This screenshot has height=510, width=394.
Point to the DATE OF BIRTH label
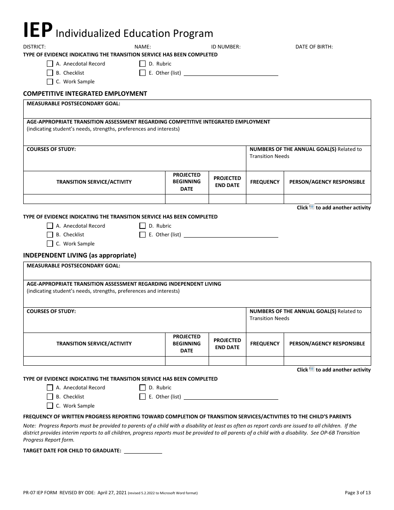point(314,47)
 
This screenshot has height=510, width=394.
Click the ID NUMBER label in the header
point(226,47)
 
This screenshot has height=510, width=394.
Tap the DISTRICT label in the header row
point(34,47)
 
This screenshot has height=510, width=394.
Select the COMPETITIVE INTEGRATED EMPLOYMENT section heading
point(85,94)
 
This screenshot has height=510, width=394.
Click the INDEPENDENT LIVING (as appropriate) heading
point(80,255)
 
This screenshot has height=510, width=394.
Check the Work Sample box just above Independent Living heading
point(50,244)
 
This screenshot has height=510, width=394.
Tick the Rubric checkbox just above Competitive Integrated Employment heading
point(143,64)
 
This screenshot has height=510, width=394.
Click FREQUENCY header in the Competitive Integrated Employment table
point(265,182)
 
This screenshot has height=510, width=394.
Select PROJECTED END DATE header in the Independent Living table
point(227,344)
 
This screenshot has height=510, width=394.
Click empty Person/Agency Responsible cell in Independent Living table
point(327,361)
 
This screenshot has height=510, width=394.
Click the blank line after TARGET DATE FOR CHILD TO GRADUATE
point(143,451)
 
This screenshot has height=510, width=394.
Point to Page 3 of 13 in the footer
point(358,493)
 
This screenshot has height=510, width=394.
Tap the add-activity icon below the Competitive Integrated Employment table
point(312,207)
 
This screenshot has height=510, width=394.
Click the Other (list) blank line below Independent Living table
point(231,397)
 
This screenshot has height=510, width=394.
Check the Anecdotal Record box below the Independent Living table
point(50,388)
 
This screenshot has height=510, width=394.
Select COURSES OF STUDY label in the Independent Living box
point(51,311)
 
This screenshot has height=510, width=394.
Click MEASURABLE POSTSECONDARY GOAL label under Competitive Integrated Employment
point(73,104)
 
